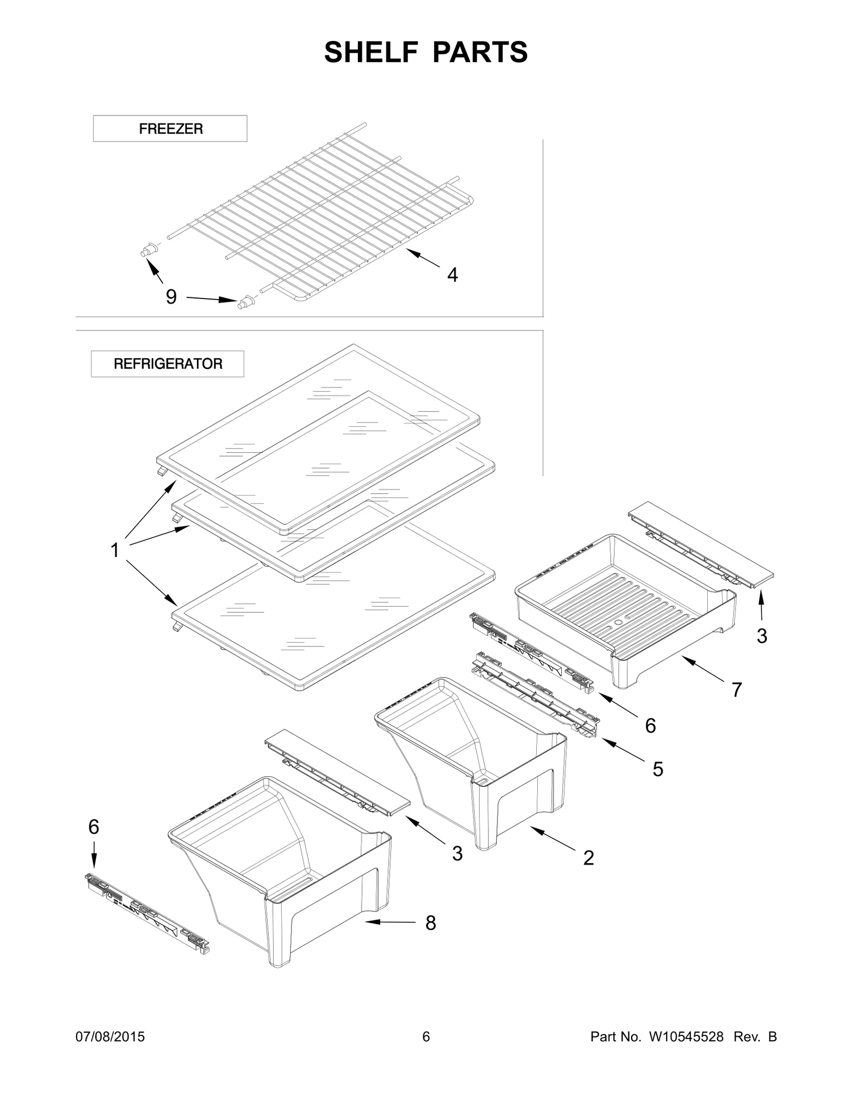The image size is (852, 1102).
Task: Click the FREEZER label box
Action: click(x=170, y=129)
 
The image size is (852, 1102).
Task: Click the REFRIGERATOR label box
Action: click(x=168, y=364)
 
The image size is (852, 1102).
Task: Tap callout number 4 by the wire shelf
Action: click(x=452, y=275)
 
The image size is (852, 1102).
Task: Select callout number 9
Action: click(x=171, y=297)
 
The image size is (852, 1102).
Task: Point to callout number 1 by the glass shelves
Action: click(x=114, y=550)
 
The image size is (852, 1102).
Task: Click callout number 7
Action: click(x=736, y=690)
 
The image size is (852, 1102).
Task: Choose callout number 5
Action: click(x=658, y=769)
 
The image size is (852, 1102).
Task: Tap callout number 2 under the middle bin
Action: click(x=588, y=858)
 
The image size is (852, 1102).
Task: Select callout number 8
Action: click(x=430, y=923)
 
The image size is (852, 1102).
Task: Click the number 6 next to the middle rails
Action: click(x=650, y=726)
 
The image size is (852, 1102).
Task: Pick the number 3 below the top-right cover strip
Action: click(x=761, y=636)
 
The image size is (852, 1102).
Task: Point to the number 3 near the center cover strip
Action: click(x=457, y=854)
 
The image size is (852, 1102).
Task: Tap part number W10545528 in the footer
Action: click(x=686, y=1037)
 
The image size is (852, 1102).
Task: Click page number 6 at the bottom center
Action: click(x=425, y=1037)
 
